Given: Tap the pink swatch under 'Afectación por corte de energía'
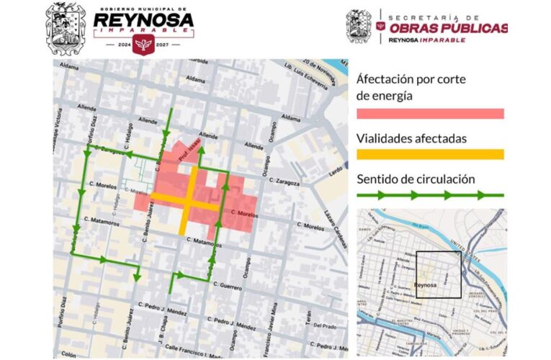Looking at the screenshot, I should [x=430, y=113].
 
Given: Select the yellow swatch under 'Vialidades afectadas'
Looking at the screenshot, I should [x=430, y=154].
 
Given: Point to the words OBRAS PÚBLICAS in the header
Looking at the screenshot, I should [x=448, y=28].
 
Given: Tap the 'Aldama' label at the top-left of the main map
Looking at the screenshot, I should [x=69, y=66].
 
